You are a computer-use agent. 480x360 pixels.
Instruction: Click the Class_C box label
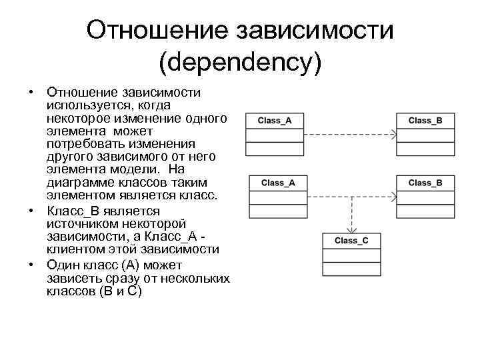[x=351, y=240]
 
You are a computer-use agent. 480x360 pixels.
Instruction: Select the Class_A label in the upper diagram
[x=274, y=120]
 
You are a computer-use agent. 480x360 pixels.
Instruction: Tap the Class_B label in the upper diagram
[x=425, y=120]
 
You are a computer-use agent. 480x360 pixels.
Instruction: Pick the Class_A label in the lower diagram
[x=278, y=182]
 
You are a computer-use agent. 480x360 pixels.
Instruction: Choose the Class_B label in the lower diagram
[x=425, y=182]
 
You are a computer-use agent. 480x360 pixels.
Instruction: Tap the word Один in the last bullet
[x=61, y=265]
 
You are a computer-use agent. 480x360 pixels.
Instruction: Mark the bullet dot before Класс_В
[x=31, y=211]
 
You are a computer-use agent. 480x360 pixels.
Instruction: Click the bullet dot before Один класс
[x=31, y=265]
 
